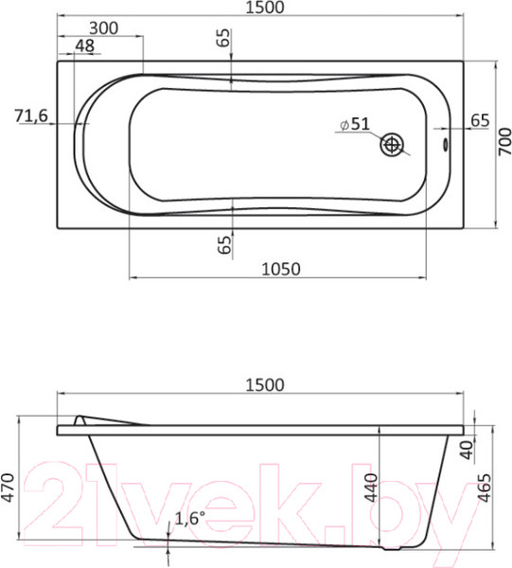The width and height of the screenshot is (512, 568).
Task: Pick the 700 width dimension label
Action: point(503,145)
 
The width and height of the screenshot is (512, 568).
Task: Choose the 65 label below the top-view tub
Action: point(224,244)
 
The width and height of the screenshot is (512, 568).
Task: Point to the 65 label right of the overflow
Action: point(480,119)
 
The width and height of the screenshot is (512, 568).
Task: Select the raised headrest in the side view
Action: point(104,420)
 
